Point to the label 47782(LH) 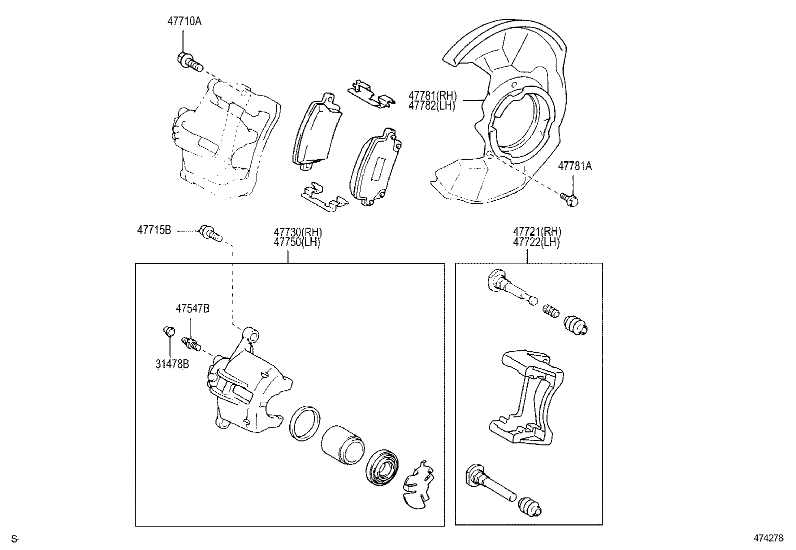[x=432, y=106]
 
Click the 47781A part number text [x=574, y=167]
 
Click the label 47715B [x=154, y=230]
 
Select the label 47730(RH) [x=297, y=232]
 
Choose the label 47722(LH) [x=536, y=242]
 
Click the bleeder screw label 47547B [x=192, y=309]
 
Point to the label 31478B [x=171, y=364]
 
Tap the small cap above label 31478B [x=169, y=331]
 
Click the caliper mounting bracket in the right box [x=525, y=398]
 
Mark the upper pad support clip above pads [x=370, y=95]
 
